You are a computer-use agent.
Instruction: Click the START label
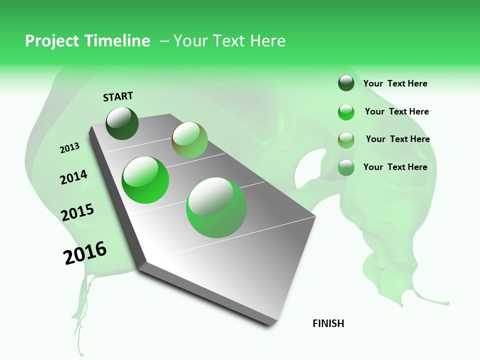pyautogui.click(x=118, y=96)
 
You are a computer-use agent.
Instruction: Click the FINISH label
pyautogui.click(x=328, y=323)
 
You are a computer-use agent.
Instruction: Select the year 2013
pyautogui.click(x=69, y=148)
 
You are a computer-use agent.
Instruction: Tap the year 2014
pyautogui.click(x=73, y=177)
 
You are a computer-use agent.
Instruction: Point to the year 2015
pyautogui.click(x=77, y=212)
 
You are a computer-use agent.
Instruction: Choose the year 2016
pyautogui.click(x=85, y=252)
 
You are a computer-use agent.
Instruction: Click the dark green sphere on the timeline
pyautogui.click(x=122, y=123)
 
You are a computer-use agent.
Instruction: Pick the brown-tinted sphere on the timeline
pyautogui.click(x=189, y=140)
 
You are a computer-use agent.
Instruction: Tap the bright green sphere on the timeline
pyautogui.click(x=145, y=180)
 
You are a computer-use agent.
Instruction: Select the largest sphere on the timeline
pyautogui.click(x=216, y=207)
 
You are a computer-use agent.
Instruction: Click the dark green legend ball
pyautogui.click(x=346, y=83)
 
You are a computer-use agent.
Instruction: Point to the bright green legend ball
pyautogui.click(x=346, y=112)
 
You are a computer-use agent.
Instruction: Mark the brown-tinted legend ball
pyautogui.click(x=346, y=140)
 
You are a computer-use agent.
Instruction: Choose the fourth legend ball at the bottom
pyautogui.click(x=346, y=167)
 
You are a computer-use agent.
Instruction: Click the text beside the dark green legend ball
pyautogui.click(x=395, y=83)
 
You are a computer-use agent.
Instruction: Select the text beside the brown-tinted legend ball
pyautogui.click(x=397, y=139)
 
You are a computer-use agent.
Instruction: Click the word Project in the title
pyautogui.click(x=51, y=41)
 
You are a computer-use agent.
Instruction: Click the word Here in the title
pyautogui.click(x=267, y=41)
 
